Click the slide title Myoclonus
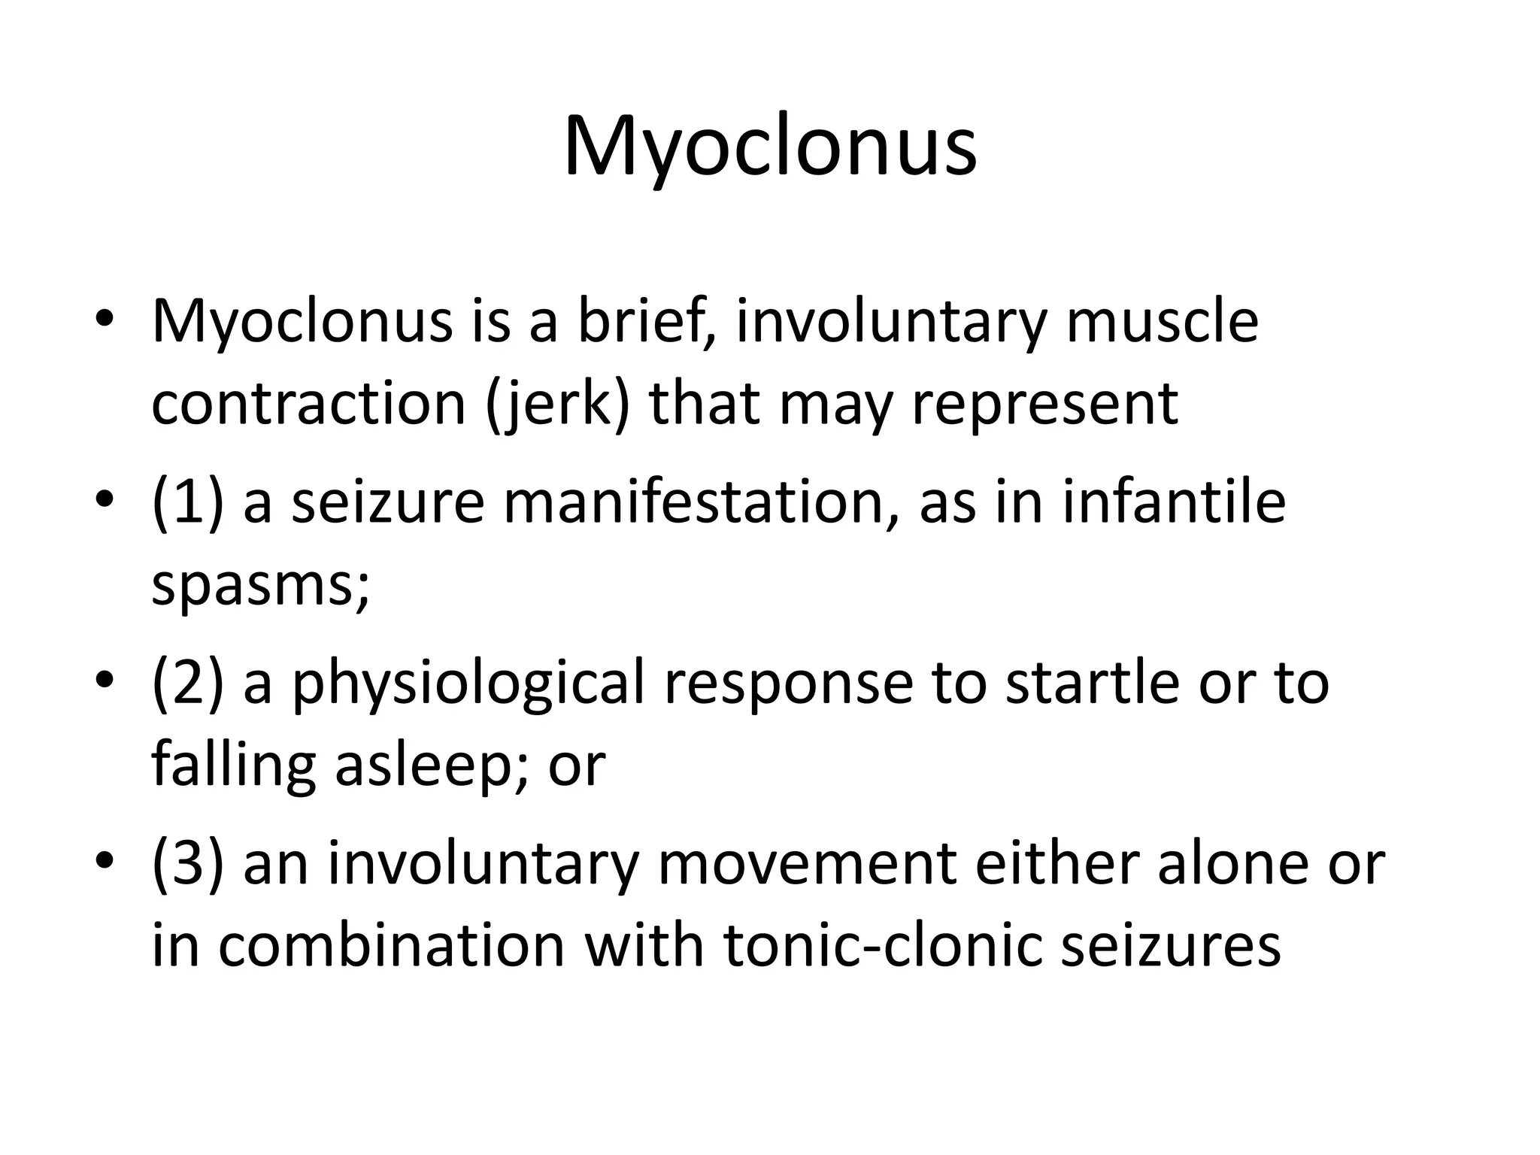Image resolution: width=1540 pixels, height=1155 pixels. (770, 147)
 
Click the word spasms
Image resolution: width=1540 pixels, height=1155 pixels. (260, 587)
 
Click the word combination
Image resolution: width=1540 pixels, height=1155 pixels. (391, 945)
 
